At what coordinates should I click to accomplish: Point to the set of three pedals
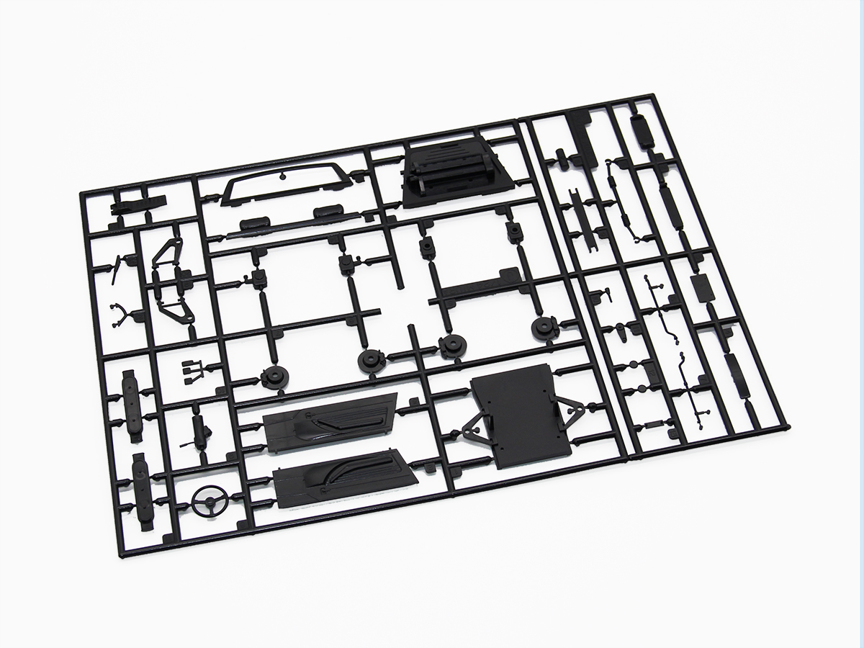(191, 369)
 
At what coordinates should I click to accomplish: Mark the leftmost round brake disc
(275, 377)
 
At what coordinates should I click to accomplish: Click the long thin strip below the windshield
(288, 230)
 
